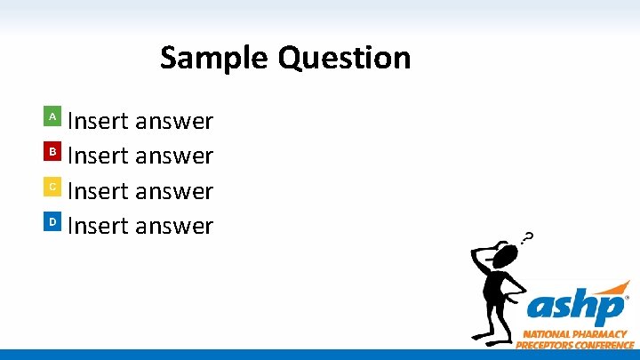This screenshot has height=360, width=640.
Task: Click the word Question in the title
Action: pyautogui.click(x=344, y=60)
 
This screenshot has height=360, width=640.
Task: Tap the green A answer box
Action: pyautogui.click(x=52, y=116)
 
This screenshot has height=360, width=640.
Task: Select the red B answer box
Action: pyautogui.click(x=52, y=152)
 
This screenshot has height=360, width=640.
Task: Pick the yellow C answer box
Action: pyautogui.click(x=52, y=187)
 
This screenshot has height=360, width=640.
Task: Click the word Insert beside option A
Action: pyautogui.click(x=99, y=120)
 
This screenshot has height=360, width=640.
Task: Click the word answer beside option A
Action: pyautogui.click(x=174, y=121)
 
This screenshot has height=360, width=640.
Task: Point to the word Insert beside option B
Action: pyautogui.click(x=99, y=156)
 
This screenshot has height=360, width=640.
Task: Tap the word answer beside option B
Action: pyautogui.click(x=174, y=156)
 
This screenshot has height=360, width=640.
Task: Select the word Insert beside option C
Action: pyautogui.click(x=99, y=191)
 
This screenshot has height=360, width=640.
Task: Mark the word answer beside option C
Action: pyautogui.click(x=174, y=192)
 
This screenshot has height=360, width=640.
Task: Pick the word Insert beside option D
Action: pyautogui.click(x=99, y=226)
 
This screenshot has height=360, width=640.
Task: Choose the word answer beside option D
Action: pyautogui.click(x=174, y=227)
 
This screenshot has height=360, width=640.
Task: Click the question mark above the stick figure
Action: pyautogui.click(x=528, y=238)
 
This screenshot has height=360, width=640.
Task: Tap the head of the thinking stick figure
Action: pyautogui.click(x=505, y=258)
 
